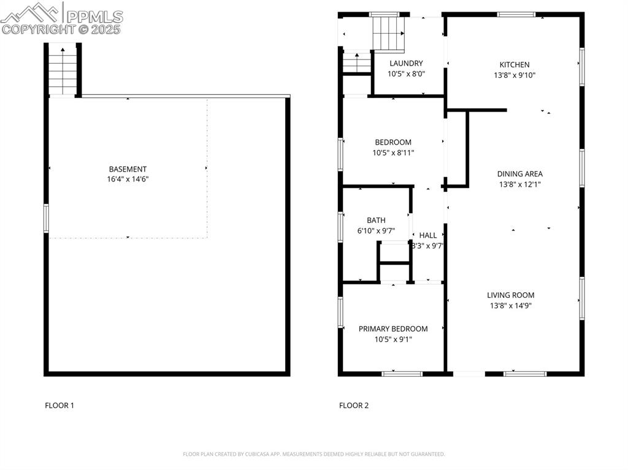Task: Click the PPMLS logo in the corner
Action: pos(61,18)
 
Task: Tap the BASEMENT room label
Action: pos(128,169)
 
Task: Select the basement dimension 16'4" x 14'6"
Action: pos(128,180)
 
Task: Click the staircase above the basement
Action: pos(62,70)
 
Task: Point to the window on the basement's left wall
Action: pos(46,218)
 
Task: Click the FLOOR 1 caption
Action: pos(59,405)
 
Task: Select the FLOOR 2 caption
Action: pos(354,405)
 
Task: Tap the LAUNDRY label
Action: pos(406,63)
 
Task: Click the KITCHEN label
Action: pos(514,64)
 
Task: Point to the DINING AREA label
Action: pos(519,173)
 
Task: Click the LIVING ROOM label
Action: pos(510,295)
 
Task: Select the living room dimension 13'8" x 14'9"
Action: pos(510,305)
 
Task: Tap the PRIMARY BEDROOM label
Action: pos(393,328)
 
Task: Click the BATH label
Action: pos(376,220)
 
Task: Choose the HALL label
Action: pos(428,235)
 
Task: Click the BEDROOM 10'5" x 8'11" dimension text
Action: pos(393,153)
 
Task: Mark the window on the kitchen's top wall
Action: pos(516,14)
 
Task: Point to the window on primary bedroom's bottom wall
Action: pos(402,373)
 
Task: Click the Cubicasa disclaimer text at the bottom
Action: pos(313,454)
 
